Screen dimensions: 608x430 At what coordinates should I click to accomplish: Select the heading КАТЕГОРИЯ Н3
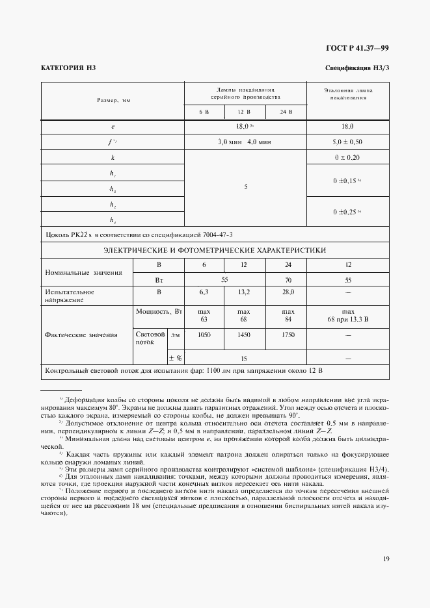point(68,68)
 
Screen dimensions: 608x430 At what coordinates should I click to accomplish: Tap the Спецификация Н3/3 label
point(356,68)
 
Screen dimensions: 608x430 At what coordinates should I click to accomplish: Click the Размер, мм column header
point(113,101)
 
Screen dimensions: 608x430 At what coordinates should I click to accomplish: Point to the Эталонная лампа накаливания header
point(347,95)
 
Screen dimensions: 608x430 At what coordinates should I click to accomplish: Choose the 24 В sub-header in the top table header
point(286,112)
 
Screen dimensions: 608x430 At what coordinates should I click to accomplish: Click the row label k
point(113,157)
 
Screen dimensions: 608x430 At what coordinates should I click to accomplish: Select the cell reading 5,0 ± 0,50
point(347,141)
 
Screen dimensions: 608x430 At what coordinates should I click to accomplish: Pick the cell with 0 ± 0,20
point(347,157)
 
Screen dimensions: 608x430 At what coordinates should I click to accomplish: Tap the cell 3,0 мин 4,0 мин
point(245,141)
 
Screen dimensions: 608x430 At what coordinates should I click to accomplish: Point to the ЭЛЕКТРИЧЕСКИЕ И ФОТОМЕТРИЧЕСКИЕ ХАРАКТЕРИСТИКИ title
point(215,249)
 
